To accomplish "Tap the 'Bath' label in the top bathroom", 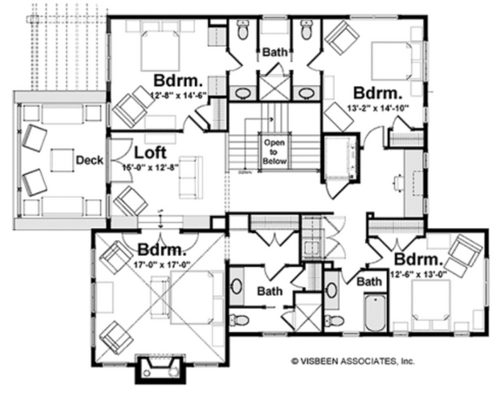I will pos(276,51).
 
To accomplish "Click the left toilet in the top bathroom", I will pos(243,31).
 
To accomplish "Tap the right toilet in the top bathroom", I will pos(307,31).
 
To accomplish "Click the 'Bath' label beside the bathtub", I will pos(370,282).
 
